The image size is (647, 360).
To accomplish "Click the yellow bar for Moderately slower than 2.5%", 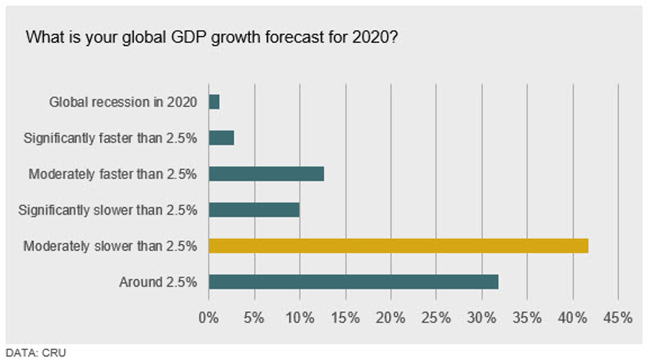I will (x=398, y=246).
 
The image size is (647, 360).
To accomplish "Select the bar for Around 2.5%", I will (x=353, y=282).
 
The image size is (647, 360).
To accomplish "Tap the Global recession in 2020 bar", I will (x=214, y=102).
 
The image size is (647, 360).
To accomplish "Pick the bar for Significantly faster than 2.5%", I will (x=221, y=138).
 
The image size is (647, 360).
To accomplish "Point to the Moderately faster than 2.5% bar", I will (x=267, y=174).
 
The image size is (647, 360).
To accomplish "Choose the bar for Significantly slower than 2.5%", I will (x=254, y=210).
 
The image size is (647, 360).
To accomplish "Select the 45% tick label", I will (x=617, y=317).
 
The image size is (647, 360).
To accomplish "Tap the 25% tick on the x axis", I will (x=436, y=317).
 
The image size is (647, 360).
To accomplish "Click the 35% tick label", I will (x=527, y=317).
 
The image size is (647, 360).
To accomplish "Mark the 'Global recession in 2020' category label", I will (x=123, y=102).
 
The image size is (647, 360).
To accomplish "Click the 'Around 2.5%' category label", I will (x=159, y=282).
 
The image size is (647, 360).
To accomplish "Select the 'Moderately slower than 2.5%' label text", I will (x=110, y=246).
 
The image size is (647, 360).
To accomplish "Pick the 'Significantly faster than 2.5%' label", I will (x=110, y=138).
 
